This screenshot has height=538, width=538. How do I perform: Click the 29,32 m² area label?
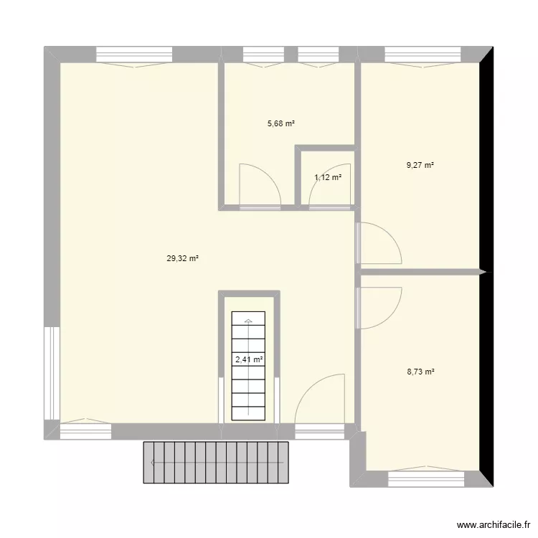pyautogui.click(x=182, y=258)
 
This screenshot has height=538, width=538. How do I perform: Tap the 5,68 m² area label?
pyautogui.click(x=281, y=123)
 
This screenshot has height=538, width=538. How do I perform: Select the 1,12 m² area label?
pyautogui.click(x=328, y=177)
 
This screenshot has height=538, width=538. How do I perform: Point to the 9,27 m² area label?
pyautogui.click(x=420, y=165)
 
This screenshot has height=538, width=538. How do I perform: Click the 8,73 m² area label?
pyautogui.click(x=420, y=372)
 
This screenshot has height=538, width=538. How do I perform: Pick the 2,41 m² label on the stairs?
pyautogui.click(x=249, y=359)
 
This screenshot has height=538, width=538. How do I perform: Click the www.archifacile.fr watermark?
pyautogui.click(x=494, y=524)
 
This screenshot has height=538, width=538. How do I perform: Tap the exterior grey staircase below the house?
pyautogui.click(x=216, y=463)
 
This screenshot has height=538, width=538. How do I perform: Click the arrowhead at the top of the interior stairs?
pyautogui.click(x=248, y=321)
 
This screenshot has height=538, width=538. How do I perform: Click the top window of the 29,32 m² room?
pyautogui.click(x=134, y=55)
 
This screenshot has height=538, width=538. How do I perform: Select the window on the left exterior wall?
pyautogui.click(x=52, y=373)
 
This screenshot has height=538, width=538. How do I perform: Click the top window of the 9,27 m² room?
pyautogui.click(x=423, y=55)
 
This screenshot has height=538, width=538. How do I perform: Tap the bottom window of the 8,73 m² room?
pyautogui.click(x=426, y=478)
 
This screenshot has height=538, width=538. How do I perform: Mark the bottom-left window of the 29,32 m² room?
pyautogui.click(x=86, y=431)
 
